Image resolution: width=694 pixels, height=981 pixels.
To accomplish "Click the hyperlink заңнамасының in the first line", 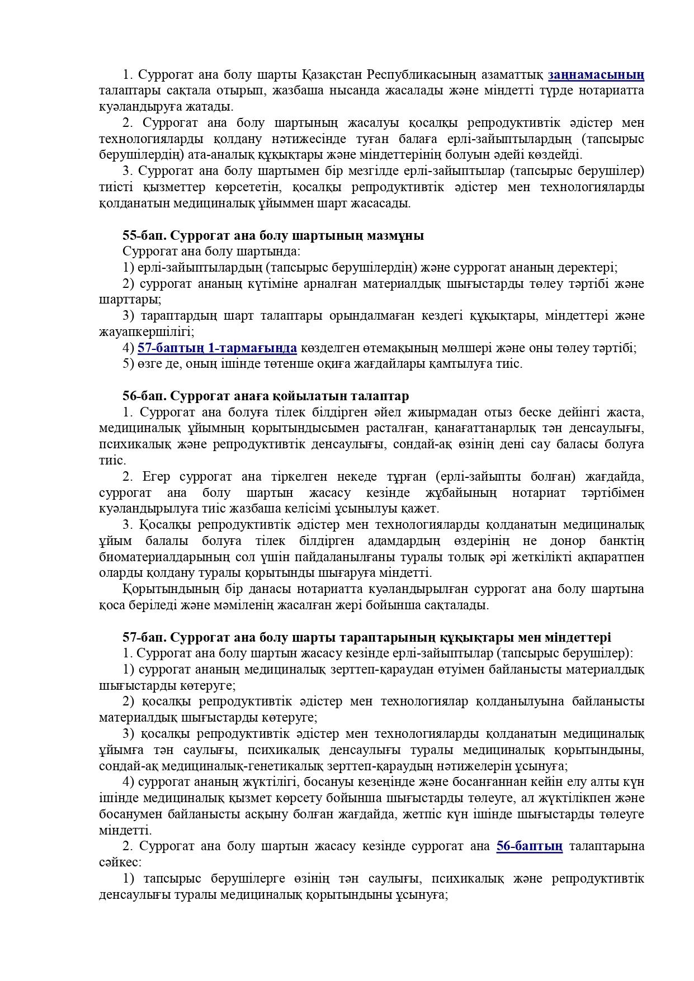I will [596, 74].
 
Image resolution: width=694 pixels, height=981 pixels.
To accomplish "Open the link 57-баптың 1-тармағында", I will [217, 348].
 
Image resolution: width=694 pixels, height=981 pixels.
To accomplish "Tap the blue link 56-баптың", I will [529, 846].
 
